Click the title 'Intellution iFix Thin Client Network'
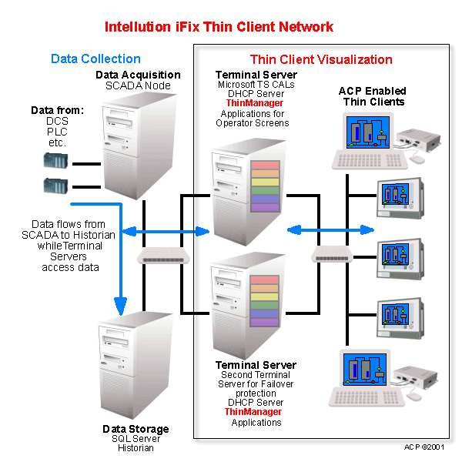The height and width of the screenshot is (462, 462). point(219,27)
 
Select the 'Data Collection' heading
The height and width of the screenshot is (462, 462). point(95,59)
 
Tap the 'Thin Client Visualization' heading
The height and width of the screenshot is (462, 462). point(321,59)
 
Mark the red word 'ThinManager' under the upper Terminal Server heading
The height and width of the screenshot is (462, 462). point(254,103)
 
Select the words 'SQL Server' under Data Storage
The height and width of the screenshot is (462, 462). point(135,439)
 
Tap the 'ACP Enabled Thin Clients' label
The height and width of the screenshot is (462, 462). point(371,96)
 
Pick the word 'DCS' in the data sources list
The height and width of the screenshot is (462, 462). point(57,122)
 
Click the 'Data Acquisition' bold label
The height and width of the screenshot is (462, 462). point(138,75)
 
